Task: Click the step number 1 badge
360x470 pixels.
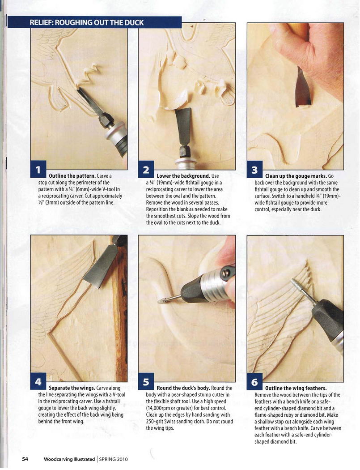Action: pyautogui.click(x=38, y=170)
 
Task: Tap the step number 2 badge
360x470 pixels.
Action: pyautogui.click(x=146, y=170)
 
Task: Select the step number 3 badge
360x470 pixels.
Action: pyautogui.click(x=254, y=170)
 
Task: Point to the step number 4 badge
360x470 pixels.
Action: pyautogui.click(x=38, y=382)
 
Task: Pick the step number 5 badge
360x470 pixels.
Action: pyautogui.click(x=146, y=382)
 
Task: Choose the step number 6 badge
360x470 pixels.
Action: pyautogui.click(x=254, y=382)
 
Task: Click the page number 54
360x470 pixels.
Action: pyautogui.click(x=25, y=459)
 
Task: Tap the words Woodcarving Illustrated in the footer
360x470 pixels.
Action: pyautogui.click(x=69, y=459)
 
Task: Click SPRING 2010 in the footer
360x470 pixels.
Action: pyautogui.click(x=114, y=459)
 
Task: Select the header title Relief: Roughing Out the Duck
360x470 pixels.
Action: pyautogui.click(x=87, y=22)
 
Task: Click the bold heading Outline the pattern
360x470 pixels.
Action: pyautogui.click(x=72, y=176)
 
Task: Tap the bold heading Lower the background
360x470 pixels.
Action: pyautogui.click(x=183, y=176)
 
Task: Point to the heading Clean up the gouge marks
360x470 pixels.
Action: pyautogui.click(x=296, y=176)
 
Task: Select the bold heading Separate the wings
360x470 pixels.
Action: pyautogui.click(x=72, y=388)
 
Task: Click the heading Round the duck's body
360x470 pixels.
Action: pyautogui.click(x=183, y=388)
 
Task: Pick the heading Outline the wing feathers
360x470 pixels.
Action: pyautogui.click(x=296, y=388)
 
